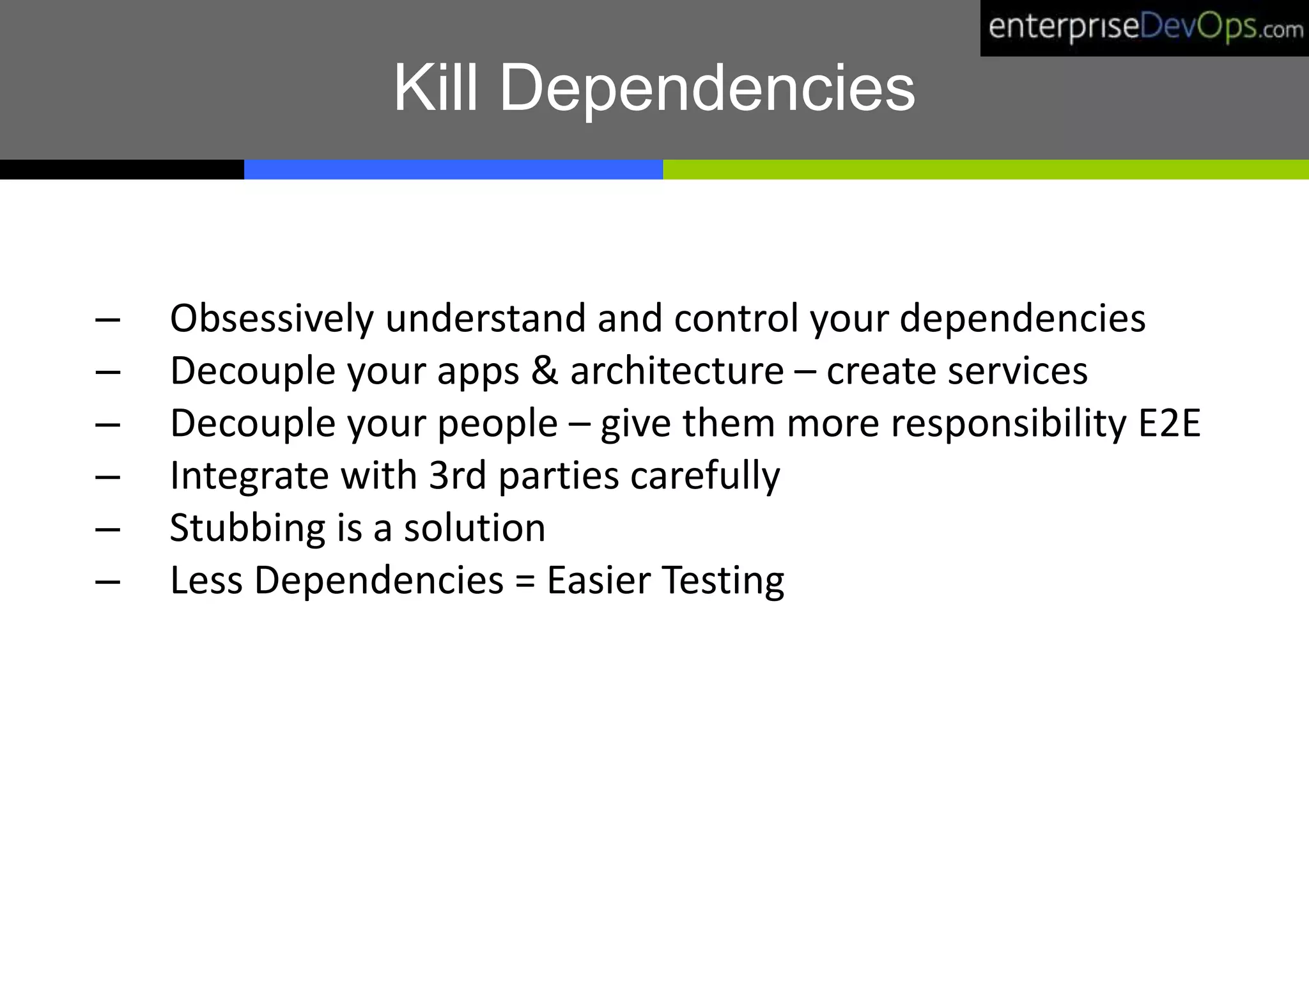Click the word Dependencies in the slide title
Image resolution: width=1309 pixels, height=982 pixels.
tap(706, 90)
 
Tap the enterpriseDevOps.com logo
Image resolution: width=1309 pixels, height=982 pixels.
tap(1144, 28)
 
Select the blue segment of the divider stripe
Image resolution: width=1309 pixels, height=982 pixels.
tap(453, 169)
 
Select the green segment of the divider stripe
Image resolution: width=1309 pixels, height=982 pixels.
tap(986, 169)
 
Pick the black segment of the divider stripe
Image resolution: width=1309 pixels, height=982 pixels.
tap(121, 169)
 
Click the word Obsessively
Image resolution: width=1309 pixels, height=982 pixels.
tap(272, 318)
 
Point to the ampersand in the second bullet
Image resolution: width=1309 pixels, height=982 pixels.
tap(545, 370)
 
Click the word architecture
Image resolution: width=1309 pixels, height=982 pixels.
tap(677, 371)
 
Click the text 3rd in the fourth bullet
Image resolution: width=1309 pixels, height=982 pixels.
tap(457, 476)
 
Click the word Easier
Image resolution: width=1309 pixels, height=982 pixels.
tap(599, 581)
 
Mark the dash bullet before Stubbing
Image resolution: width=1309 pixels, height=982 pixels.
tap(107, 529)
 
